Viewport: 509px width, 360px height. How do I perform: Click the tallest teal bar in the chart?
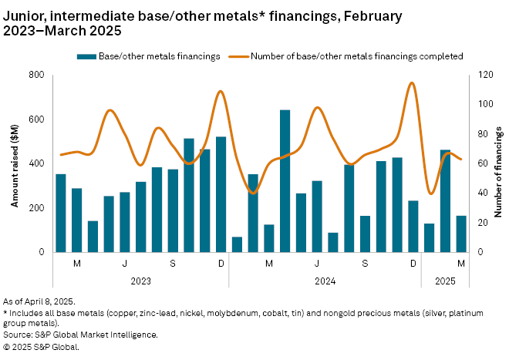click(285, 181)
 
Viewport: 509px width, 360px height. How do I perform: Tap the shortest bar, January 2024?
click(237, 244)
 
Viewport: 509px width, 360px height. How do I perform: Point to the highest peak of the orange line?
click(412, 83)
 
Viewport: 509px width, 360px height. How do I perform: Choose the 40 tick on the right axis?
click(480, 193)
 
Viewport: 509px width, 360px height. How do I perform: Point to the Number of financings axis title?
click(498, 163)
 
